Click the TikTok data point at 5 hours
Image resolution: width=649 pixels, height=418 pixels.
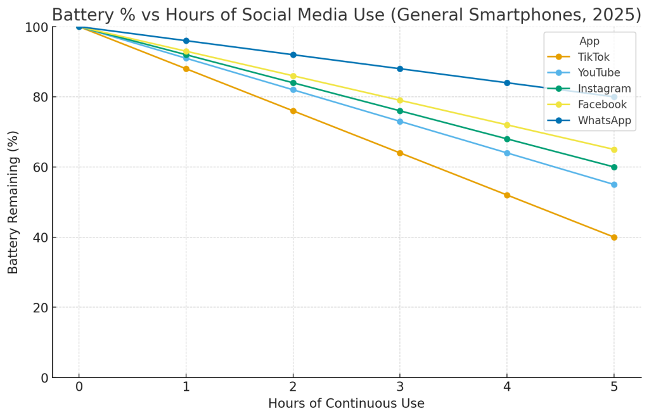pyautogui.click(x=614, y=237)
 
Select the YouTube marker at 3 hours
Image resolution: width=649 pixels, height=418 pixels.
pyautogui.click(x=400, y=122)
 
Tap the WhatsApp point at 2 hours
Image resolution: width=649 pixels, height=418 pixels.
pyautogui.click(x=293, y=54)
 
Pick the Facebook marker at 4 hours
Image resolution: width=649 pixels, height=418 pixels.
pyautogui.click(x=507, y=125)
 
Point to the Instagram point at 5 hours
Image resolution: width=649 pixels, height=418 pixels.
pyautogui.click(x=614, y=167)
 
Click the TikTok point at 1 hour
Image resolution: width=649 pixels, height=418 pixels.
pyautogui.click(x=186, y=68)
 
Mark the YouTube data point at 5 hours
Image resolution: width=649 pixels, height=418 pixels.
pyautogui.click(x=614, y=185)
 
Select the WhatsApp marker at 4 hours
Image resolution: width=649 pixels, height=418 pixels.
pyautogui.click(x=507, y=83)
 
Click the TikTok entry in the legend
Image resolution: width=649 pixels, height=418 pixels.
pyautogui.click(x=593, y=57)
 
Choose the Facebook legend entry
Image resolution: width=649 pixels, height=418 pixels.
pyautogui.click(x=602, y=104)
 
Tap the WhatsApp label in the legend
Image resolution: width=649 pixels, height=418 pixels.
pyautogui.click(x=604, y=120)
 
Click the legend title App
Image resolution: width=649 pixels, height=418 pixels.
pyautogui.click(x=589, y=41)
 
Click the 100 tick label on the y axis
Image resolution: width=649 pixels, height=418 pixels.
pyautogui.click(x=37, y=27)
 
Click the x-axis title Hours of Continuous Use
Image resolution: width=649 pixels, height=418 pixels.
pyautogui.click(x=346, y=403)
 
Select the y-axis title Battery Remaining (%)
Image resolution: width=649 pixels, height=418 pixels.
pyautogui.click(x=13, y=202)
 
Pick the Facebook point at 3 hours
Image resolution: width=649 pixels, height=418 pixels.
pyautogui.click(x=400, y=100)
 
